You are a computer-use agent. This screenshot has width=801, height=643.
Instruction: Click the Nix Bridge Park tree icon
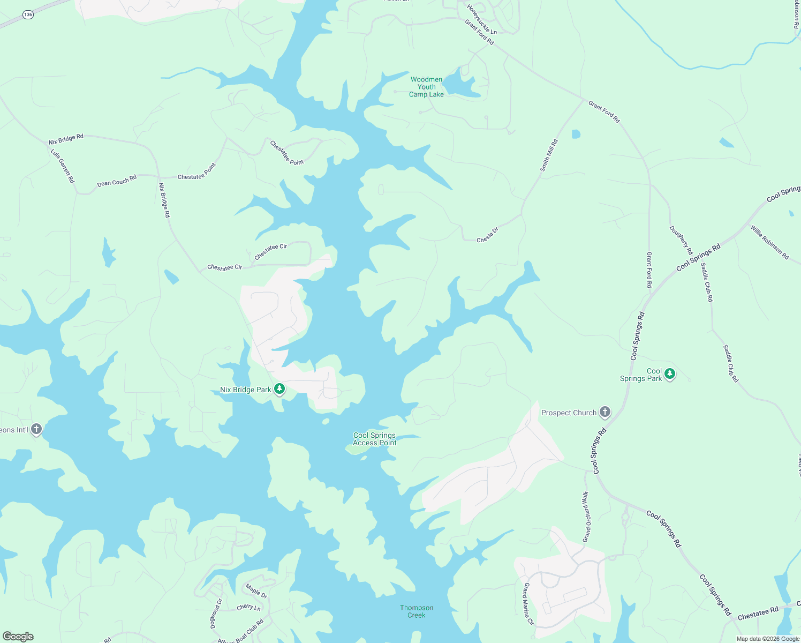tap(279, 388)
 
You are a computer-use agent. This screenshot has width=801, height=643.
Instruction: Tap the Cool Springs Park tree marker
tap(669, 374)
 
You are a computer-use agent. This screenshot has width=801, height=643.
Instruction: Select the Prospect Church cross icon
tap(604, 412)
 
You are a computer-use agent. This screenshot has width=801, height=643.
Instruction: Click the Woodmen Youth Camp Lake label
tap(427, 87)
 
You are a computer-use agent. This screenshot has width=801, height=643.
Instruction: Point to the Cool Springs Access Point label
tap(374, 439)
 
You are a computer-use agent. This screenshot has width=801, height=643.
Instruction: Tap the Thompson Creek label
tap(417, 611)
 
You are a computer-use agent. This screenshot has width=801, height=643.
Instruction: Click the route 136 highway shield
tap(28, 15)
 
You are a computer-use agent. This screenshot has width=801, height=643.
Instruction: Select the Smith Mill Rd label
tap(549, 155)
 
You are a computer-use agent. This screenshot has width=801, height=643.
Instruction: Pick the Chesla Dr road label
tap(487, 235)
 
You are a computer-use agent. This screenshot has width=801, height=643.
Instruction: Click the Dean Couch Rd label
tap(117, 181)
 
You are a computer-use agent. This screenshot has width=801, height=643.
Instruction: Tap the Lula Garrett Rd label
tap(63, 166)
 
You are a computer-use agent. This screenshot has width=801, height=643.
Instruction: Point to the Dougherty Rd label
tap(681, 240)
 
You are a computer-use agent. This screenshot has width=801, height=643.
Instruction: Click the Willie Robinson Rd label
tap(769, 242)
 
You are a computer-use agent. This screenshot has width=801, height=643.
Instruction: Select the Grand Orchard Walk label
tap(586, 517)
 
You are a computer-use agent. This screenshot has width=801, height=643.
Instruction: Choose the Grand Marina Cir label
tap(528, 604)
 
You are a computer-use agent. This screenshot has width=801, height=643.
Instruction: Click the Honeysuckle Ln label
tap(482, 20)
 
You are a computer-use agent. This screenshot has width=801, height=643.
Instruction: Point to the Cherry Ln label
tap(248, 608)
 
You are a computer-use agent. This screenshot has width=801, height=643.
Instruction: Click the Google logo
tap(18, 637)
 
